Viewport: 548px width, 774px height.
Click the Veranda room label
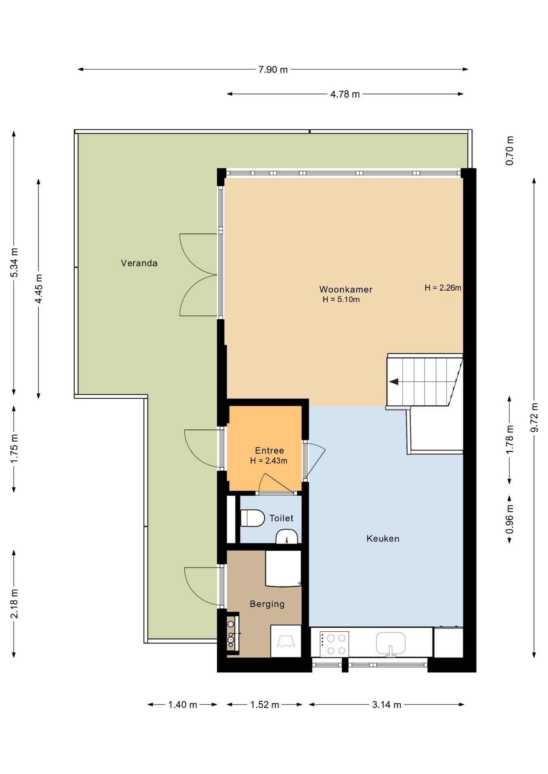click(139, 263)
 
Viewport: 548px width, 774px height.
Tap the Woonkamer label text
click(346, 289)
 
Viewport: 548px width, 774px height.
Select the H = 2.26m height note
click(443, 288)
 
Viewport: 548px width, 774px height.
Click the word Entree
click(270, 451)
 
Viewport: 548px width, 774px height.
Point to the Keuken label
click(383, 539)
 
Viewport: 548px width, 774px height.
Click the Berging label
click(267, 604)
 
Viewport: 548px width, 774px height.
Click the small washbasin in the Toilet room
click(287, 537)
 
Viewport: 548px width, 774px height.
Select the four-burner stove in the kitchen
click(334, 644)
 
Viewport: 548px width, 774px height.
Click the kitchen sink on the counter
click(391, 643)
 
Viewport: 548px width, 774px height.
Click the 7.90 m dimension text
click(273, 70)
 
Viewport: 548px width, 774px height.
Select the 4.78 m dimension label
click(345, 94)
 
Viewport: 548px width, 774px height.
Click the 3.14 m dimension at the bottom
click(387, 705)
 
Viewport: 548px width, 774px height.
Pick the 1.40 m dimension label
click(182, 705)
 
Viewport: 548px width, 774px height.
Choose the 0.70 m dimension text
click(510, 150)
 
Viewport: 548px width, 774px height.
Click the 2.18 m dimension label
click(14, 603)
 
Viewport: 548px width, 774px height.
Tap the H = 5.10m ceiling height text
click(341, 300)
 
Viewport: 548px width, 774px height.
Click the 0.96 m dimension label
click(510, 519)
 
